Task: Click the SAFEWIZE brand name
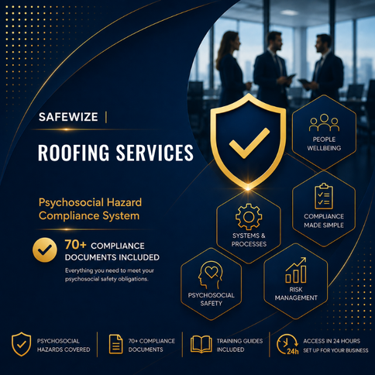[68, 117]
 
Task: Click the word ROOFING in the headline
[74, 153]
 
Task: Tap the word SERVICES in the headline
[154, 153]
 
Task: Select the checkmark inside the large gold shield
[249, 143]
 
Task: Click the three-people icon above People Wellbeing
[324, 122]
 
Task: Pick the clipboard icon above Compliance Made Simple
[324, 196]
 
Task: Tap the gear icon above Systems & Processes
[249, 217]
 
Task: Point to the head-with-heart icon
[210, 275]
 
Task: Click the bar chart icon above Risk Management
[296, 270]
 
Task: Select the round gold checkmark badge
[45, 250]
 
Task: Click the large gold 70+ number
[75, 245]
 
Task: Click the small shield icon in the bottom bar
[22, 344]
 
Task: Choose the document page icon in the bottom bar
[115, 344]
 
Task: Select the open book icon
[201, 344]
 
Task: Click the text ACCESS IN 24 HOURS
[332, 341]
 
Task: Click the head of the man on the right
[323, 44]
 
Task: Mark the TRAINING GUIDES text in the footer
[239, 341]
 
